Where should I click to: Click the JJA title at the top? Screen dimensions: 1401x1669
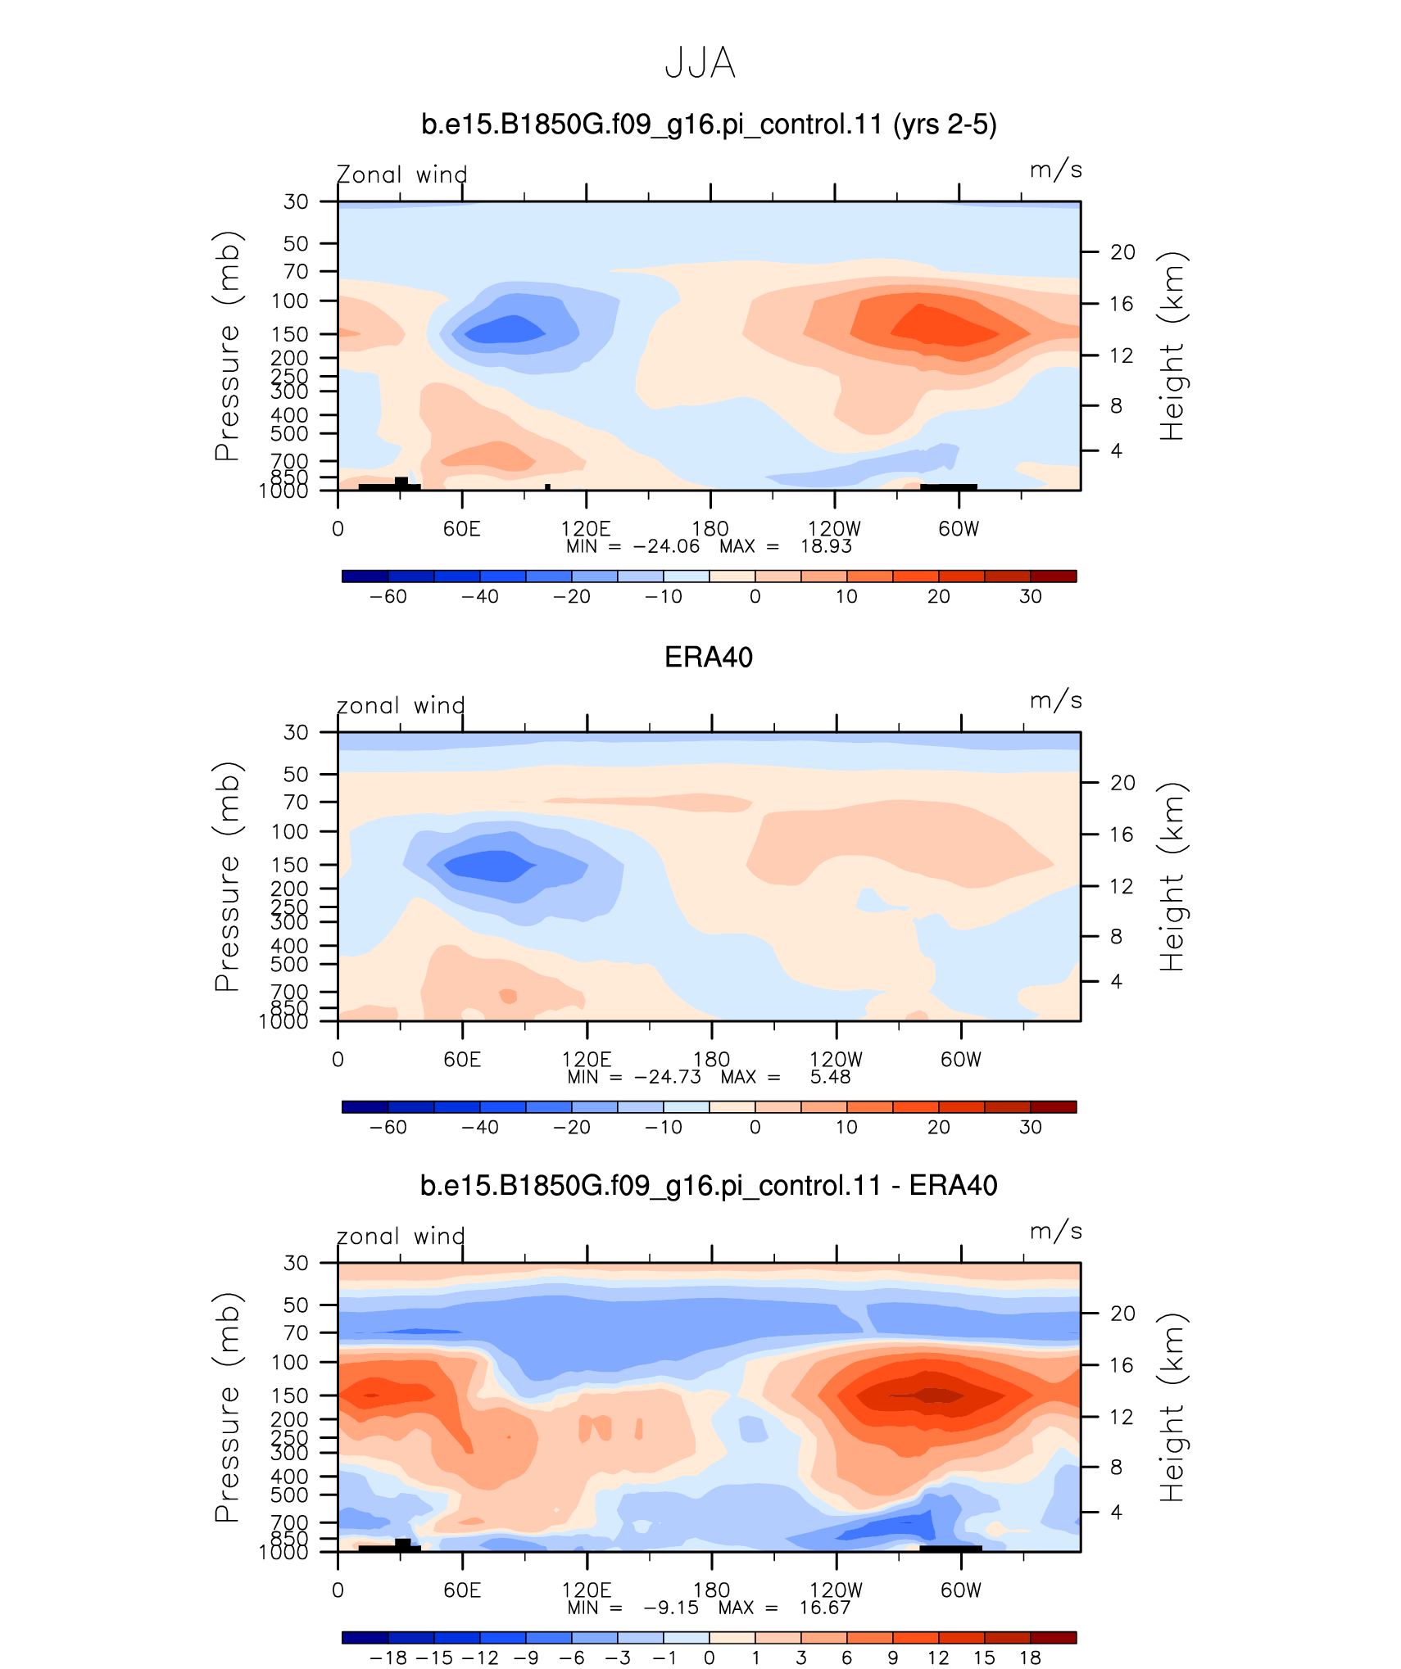(700, 63)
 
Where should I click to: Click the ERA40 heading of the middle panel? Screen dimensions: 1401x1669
(709, 658)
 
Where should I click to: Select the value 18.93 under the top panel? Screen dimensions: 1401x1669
(826, 546)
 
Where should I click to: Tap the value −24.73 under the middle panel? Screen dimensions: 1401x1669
(668, 1077)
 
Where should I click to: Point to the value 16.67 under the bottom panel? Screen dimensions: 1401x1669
(825, 1608)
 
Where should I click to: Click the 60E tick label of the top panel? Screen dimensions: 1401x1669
(462, 529)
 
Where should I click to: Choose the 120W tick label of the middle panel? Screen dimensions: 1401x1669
(836, 1060)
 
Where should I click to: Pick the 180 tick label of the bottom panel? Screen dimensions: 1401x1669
(711, 1590)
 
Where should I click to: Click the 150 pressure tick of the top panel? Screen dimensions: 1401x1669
(290, 334)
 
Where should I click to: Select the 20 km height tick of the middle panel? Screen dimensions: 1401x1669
(1122, 783)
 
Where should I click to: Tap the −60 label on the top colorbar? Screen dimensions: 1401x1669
(388, 596)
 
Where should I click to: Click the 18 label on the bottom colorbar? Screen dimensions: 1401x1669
(1030, 1658)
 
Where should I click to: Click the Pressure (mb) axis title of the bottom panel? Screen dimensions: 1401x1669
(228, 1408)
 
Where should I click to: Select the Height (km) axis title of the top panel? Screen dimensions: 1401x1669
(1172, 346)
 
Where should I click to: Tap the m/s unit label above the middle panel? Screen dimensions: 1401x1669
(1056, 701)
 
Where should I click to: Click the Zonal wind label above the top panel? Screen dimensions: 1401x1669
(401, 174)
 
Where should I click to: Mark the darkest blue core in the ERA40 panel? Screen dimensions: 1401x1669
(489, 866)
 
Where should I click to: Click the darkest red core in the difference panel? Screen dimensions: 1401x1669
(931, 1395)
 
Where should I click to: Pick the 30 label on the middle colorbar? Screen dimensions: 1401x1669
(1030, 1127)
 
